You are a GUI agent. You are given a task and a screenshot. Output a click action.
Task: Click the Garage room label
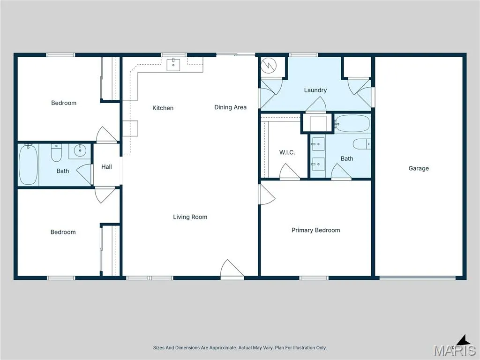point(419,168)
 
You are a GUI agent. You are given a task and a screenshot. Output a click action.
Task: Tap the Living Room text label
point(190,217)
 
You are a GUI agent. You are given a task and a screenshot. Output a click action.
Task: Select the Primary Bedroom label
point(315,230)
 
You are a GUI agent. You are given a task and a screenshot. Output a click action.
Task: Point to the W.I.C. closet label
point(287,152)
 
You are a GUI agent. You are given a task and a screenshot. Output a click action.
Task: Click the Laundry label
point(315,90)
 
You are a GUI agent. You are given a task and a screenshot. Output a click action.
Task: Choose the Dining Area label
point(230,107)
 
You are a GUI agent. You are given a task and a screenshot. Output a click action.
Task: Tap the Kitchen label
point(163,108)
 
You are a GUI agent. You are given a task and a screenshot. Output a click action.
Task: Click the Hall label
point(106,167)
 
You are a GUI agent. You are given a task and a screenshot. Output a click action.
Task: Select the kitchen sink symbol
point(173,65)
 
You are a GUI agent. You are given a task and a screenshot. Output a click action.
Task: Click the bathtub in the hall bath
point(28,165)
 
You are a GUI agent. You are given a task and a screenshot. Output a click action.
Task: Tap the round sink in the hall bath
point(80,150)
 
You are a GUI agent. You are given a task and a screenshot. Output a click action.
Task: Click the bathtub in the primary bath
point(352,124)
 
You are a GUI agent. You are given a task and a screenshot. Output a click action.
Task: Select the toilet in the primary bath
point(362,144)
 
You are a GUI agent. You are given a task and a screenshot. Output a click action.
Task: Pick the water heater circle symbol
point(269,65)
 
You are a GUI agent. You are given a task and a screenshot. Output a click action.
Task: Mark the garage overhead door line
point(418,278)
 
